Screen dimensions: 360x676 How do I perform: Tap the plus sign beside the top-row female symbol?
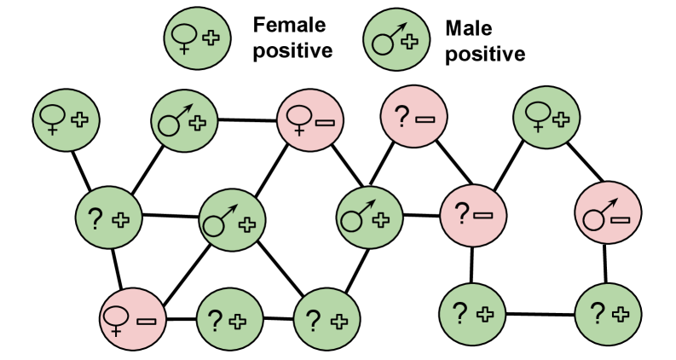point(210,38)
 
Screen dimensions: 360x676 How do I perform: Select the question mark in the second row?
point(401,116)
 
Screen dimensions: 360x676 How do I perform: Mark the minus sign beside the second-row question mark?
point(425,118)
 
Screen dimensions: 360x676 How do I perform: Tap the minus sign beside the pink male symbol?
point(621,220)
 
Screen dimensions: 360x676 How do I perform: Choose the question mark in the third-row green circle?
point(95,219)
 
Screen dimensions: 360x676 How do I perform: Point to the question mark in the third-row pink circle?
point(461,214)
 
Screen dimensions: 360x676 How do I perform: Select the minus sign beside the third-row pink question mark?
point(483,216)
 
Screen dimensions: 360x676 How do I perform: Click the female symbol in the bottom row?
point(114,320)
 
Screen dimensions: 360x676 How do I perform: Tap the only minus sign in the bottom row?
point(146,321)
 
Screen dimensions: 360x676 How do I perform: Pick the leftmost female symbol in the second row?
point(54,119)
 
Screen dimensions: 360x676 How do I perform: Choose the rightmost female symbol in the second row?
point(538,117)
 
